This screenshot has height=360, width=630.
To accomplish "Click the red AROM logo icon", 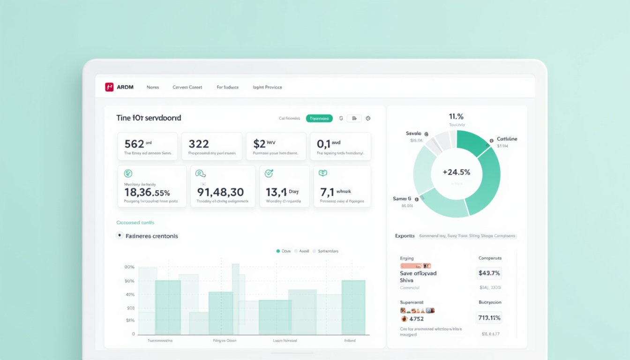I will (x=109, y=87).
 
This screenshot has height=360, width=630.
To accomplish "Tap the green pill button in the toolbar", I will (x=319, y=119).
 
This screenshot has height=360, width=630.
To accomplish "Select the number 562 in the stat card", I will (x=134, y=144).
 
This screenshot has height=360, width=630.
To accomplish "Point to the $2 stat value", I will (x=259, y=144).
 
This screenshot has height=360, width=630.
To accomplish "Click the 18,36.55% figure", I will (x=147, y=192).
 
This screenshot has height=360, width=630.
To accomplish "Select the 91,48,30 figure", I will (x=220, y=192).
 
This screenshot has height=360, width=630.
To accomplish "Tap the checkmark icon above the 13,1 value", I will (x=269, y=173).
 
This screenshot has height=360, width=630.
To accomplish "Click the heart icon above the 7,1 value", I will (x=322, y=173).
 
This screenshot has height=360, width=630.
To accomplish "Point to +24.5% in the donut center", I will (x=456, y=172).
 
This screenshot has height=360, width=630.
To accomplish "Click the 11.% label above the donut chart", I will (x=456, y=116).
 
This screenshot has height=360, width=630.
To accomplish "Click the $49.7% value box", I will (x=489, y=273).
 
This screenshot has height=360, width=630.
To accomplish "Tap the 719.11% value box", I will (x=489, y=318).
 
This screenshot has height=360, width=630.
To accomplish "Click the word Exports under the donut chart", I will (x=405, y=236).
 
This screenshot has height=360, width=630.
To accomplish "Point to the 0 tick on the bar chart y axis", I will (x=133, y=334).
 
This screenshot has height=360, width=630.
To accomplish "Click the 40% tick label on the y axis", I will (x=130, y=295).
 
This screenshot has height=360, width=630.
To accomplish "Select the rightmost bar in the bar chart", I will (x=353, y=307).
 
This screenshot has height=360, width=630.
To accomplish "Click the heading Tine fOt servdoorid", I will (x=149, y=118).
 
